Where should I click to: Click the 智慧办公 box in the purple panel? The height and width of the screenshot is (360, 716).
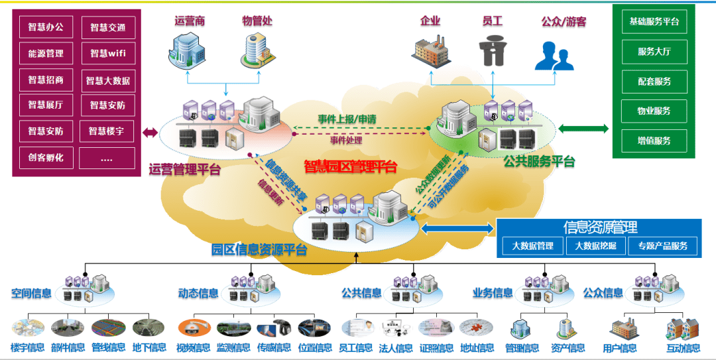(x=46, y=27)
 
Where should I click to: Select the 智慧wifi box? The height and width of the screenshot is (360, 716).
(x=107, y=53)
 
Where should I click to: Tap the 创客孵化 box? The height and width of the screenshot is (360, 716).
(x=46, y=158)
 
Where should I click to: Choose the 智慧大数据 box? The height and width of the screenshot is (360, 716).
(x=107, y=80)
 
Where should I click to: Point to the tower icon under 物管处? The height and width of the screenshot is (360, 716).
(x=255, y=49)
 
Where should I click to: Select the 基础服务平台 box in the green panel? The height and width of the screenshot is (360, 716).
(x=654, y=22)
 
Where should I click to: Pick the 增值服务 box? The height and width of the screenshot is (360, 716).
(x=654, y=141)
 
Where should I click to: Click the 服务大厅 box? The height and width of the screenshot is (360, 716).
(x=654, y=52)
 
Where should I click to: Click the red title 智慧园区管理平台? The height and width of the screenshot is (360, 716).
(x=351, y=165)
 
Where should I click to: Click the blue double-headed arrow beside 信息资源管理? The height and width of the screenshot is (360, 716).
(x=457, y=229)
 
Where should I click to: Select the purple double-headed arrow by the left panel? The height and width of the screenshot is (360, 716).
(x=150, y=133)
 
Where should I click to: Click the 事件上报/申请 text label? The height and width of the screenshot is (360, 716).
(x=347, y=119)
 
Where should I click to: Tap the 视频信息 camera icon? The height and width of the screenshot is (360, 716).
(x=193, y=328)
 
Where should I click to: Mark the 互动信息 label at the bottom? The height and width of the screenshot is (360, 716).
(x=683, y=348)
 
